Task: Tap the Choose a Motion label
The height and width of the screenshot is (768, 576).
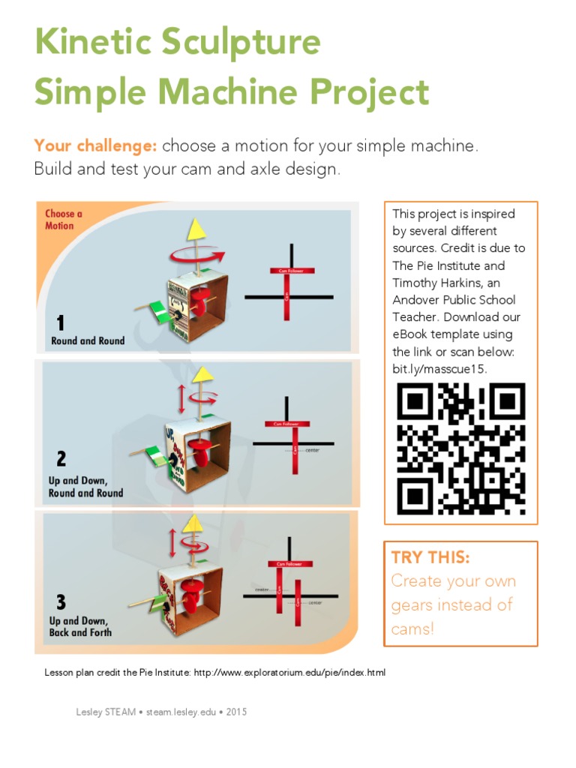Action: pyautogui.click(x=63, y=219)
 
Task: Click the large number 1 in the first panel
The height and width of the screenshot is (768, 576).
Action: pyautogui.click(x=61, y=323)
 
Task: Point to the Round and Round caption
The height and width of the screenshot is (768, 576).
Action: pyautogui.click(x=88, y=340)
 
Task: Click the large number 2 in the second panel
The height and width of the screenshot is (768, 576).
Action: pyautogui.click(x=61, y=458)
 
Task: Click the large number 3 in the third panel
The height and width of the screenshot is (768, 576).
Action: pyautogui.click(x=61, y=601)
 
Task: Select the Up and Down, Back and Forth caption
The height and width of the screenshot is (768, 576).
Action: pyautogui.click(x=80, y=626)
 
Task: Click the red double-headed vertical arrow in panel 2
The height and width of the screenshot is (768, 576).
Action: pyautogui.click(x=181, y=398)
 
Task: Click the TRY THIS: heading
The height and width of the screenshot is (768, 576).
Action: pyautogui.click(x=430, y=557)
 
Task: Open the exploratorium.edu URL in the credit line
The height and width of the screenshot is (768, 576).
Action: pyautogui.click(x=289, y=673)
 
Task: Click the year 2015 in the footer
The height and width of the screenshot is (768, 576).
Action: pyautogui.click(x=236, y=712)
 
